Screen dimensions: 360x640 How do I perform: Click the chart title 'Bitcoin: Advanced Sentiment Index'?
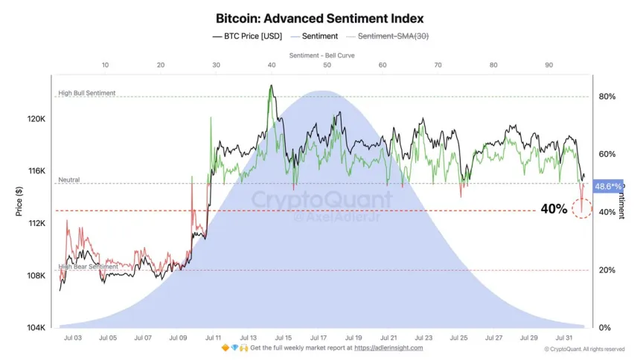319,18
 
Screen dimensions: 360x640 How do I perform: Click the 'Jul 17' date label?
318,338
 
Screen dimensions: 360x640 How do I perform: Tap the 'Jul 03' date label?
73,338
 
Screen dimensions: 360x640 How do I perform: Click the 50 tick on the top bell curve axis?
327,65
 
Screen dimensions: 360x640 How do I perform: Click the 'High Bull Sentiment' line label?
87,93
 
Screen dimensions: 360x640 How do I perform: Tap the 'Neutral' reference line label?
69,180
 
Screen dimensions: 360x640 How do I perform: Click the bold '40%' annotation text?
554,210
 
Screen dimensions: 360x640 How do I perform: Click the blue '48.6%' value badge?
607,187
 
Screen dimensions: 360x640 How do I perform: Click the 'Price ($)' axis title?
19,201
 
